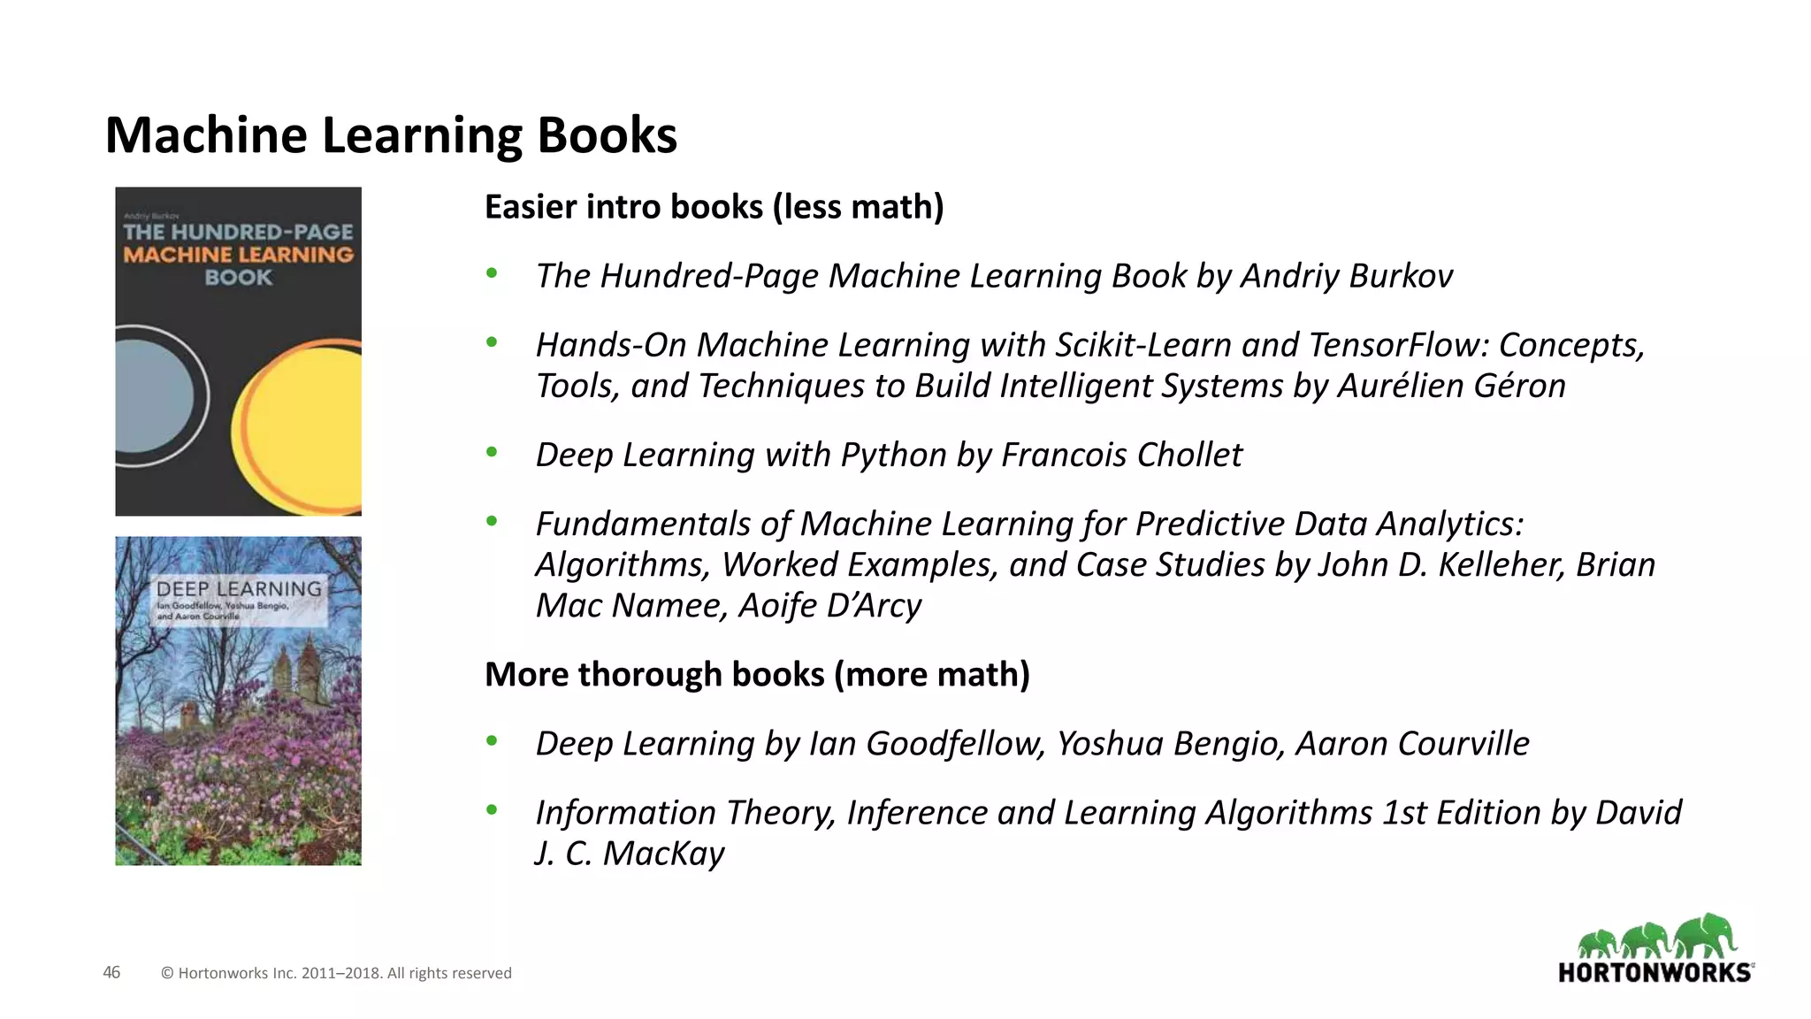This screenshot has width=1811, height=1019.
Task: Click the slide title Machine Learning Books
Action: [x=391, y=135]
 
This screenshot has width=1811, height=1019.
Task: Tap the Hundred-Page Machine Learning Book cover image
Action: [x=238, y=351]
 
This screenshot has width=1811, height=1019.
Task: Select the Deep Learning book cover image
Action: [x=238, y=701]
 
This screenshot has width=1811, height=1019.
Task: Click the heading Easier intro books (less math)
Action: [x=714, y=207]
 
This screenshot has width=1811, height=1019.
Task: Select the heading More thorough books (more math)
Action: [x=757, y=674]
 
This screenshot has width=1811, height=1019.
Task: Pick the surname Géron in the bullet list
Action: [x=1516, y=386]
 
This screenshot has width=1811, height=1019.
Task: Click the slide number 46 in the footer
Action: [x=111, y=973]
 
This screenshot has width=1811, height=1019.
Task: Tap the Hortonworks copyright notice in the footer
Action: [x=336, y=973]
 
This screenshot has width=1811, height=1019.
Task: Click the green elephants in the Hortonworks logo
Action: [x=1657, y=937]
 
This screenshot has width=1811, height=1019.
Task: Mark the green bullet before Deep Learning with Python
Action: [x=492, y=453]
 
